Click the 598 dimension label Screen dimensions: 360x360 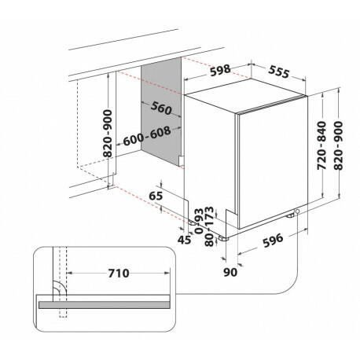(x=220, y=70)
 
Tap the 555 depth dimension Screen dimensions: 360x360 (x=279, y=72)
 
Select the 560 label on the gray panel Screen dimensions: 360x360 (x=161, y=108)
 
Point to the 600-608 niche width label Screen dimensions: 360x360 (x=147, y=136)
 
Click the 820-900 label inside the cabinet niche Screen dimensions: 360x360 (x=108, y=134)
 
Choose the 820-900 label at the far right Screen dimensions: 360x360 (x=338, y=145)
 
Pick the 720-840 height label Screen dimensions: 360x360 (x=321, y=145)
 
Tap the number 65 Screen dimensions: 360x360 (x=156, y=196)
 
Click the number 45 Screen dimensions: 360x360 (x=185, y=240)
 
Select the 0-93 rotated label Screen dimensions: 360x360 (x=199, y=222)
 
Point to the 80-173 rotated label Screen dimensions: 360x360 (x=209, y=226)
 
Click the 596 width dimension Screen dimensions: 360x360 (x=273, y=240)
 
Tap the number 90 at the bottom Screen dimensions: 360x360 (x=230, y=272)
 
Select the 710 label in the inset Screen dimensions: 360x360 (x=119, y=274)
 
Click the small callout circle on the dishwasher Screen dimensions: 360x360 (x=297, y=211)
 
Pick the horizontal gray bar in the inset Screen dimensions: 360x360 (x=104, y=305)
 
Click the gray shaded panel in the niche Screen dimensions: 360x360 (x=161, y=112)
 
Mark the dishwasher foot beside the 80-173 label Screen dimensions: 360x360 (x=223, y=238)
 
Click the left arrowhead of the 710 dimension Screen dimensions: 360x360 (x=69, y=273)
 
